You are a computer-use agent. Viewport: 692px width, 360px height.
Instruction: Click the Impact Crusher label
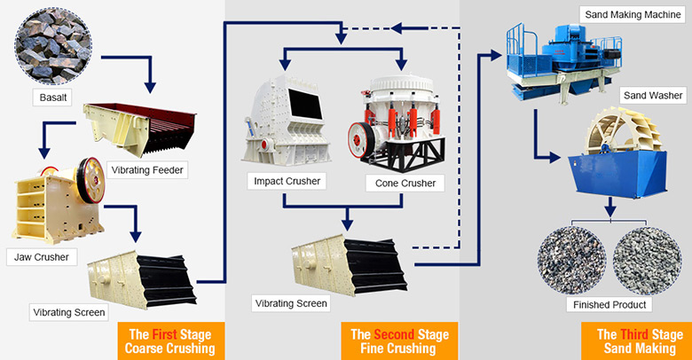tap(287, 182)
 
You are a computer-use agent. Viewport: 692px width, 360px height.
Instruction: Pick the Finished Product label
tap(609, 304)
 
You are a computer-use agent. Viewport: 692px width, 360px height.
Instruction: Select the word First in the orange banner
tap(165, 334)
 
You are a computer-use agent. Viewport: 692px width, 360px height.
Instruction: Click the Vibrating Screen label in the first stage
tap(70, 311)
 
